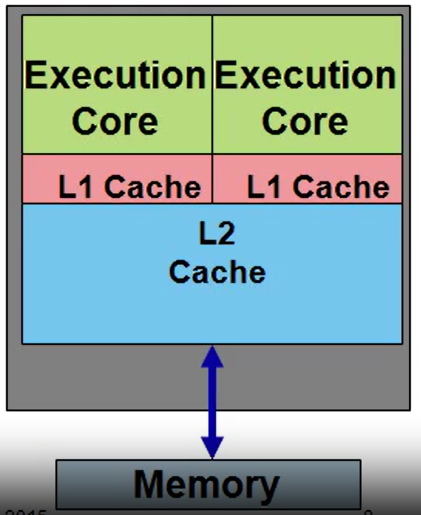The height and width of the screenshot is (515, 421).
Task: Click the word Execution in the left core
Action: click(x=115, y=76)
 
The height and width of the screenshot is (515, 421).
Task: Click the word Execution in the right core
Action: click(x=305, y=76)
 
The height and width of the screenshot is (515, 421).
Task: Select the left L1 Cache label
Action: click(x=129, y=187)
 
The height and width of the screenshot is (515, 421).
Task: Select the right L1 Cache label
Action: click(x=318, y=187)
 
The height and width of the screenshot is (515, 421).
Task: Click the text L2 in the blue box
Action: click(x=216, y=234)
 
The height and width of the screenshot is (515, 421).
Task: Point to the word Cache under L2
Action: click(x=216, y=272)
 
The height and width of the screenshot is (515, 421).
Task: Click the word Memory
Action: click(x=207, y=484)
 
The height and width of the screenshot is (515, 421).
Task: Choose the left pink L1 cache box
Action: click(x=41, y=179)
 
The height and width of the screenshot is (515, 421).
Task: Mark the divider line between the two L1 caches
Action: click(x=212, y=179)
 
